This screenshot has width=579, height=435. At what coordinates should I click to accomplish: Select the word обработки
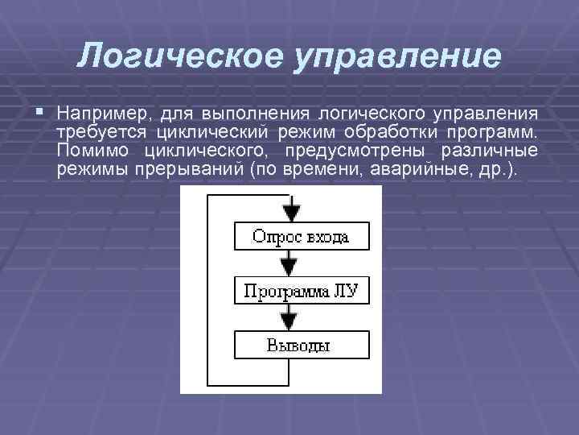(401, 131)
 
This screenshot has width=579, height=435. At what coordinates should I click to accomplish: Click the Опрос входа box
(301, 237)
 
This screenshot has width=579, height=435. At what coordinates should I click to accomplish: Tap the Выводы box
(301, 346)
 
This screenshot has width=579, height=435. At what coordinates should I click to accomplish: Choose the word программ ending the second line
(499, 131)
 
